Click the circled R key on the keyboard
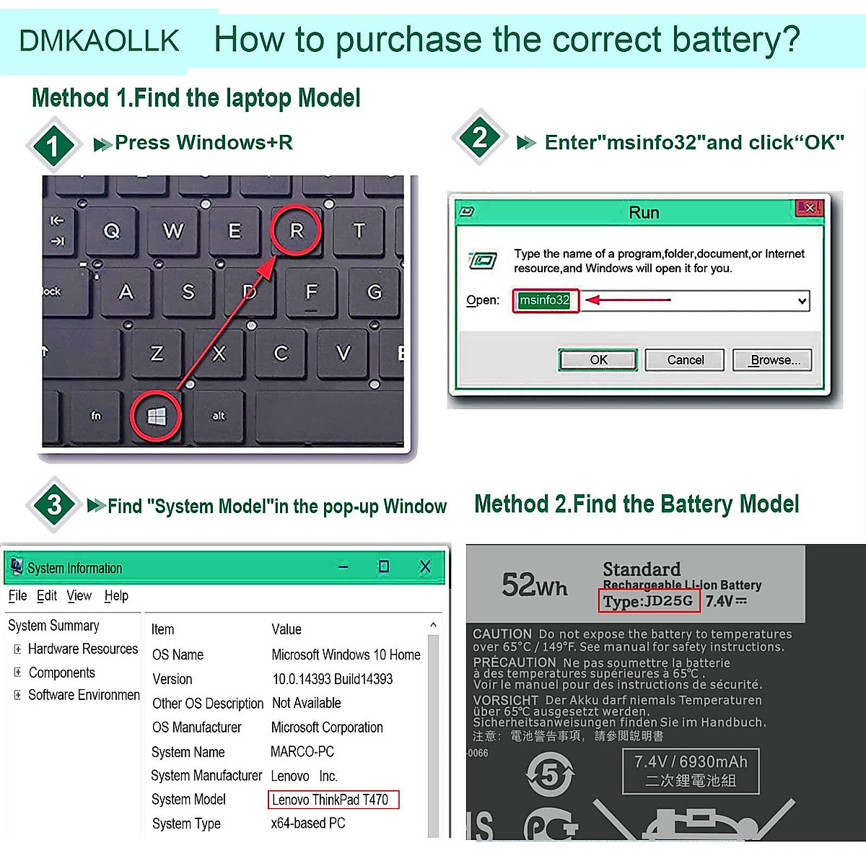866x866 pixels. tap(296, 230)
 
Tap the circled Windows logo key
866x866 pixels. tap(157, 416)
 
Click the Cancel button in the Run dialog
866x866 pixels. tap(685, 359)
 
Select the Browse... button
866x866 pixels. tap(772, 359)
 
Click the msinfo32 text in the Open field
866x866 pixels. tap(545, 300)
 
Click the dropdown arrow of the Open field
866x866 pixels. tap(802, 301)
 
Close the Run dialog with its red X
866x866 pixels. tap(809, 209)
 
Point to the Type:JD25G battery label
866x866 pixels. tap(648, 601)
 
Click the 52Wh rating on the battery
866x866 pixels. tap(535, 585)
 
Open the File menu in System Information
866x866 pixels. tap(17, 595)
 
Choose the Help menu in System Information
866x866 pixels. tap(116, 595)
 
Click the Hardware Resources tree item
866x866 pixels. tap(82, 649)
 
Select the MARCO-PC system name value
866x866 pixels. tap(302, 751)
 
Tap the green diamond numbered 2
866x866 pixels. tap(480, 137)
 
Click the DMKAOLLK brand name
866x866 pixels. tap(100, 40)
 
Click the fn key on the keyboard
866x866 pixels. tap(96, 416)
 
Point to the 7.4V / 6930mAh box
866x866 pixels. tap(691, 771)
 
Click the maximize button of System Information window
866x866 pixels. tap(384, 567)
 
